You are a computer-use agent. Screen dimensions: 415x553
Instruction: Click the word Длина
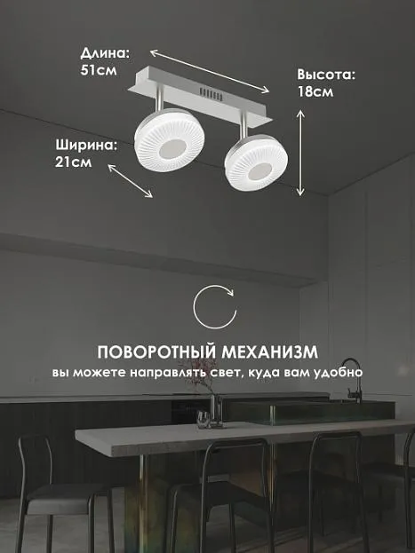105,53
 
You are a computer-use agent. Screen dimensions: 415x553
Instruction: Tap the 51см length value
99,70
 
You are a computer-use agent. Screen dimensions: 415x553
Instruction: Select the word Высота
325,75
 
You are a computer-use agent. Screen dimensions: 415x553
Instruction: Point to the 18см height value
315,91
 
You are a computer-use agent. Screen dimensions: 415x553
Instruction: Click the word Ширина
86,146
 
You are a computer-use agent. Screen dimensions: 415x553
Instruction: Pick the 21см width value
74,162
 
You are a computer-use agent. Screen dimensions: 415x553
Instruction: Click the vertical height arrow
300,153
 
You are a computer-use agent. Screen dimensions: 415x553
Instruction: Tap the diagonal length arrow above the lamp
210,72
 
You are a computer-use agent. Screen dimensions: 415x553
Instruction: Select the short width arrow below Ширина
131,181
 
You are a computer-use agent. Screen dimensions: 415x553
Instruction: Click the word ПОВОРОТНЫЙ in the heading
156,352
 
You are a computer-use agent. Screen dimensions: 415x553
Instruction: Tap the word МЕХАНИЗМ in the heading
270,352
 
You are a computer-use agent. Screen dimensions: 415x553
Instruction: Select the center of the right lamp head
256,163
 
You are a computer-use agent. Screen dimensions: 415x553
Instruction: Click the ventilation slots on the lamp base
211,94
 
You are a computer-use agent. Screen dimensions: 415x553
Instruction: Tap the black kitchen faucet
352,380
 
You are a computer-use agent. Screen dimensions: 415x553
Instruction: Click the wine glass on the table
203,419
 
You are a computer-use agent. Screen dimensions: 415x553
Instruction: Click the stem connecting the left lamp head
160,97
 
